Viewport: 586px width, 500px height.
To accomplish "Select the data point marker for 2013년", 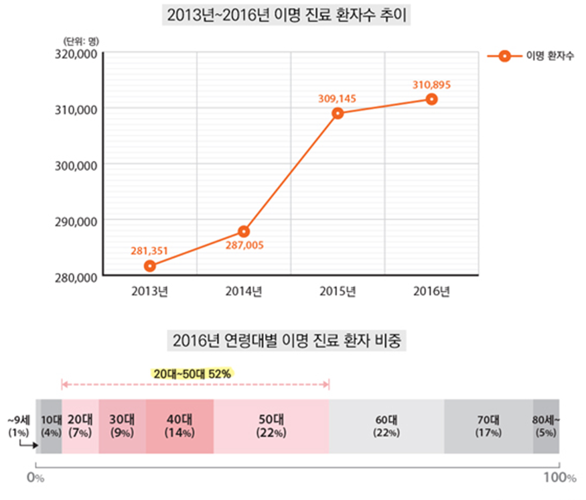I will point(150,266).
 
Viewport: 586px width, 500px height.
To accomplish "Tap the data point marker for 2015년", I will point(338,113).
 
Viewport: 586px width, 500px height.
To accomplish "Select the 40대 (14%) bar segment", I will point(179,426).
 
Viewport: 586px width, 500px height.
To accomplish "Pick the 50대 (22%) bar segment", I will point(271,426).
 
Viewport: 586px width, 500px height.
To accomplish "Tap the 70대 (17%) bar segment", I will point(488,426).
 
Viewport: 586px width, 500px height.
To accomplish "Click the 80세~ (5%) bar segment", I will point(546,426).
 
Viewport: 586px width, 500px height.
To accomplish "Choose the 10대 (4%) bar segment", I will point(51,426).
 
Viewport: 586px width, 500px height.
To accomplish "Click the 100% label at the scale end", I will point(559,478).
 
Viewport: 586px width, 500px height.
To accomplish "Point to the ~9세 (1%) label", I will point(17,426).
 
